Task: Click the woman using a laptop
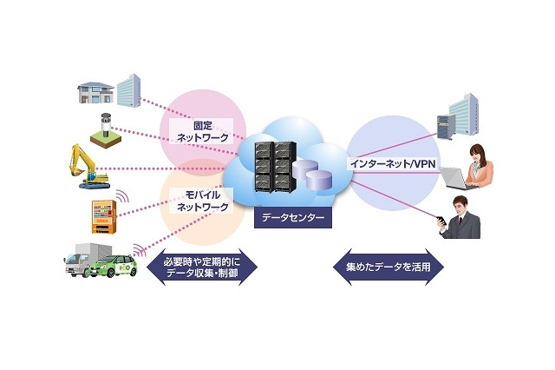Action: point(476,165)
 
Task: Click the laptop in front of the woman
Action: point(457,179)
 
